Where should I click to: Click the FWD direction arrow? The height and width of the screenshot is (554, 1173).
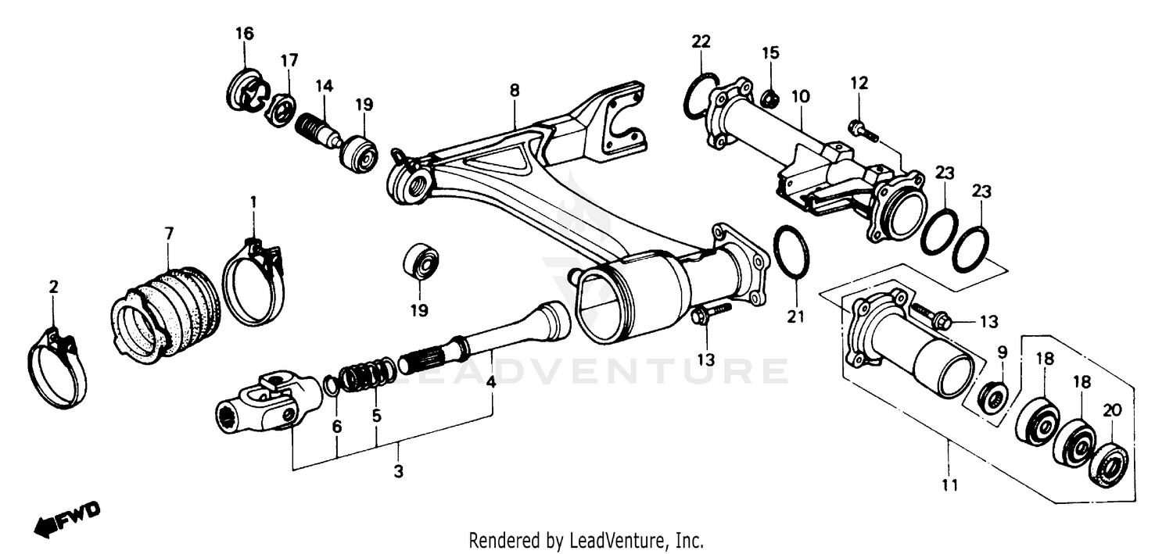66,518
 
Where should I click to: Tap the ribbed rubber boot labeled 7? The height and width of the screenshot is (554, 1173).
167,312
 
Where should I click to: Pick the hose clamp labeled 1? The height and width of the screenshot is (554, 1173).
253,281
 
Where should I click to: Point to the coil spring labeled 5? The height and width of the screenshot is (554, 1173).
368,374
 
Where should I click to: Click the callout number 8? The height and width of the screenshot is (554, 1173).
514,91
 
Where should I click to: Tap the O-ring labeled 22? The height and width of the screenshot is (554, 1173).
701,96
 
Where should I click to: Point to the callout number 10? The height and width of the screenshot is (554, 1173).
799,97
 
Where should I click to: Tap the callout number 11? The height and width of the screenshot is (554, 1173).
949,485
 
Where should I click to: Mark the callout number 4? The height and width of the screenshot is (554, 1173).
490,383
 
